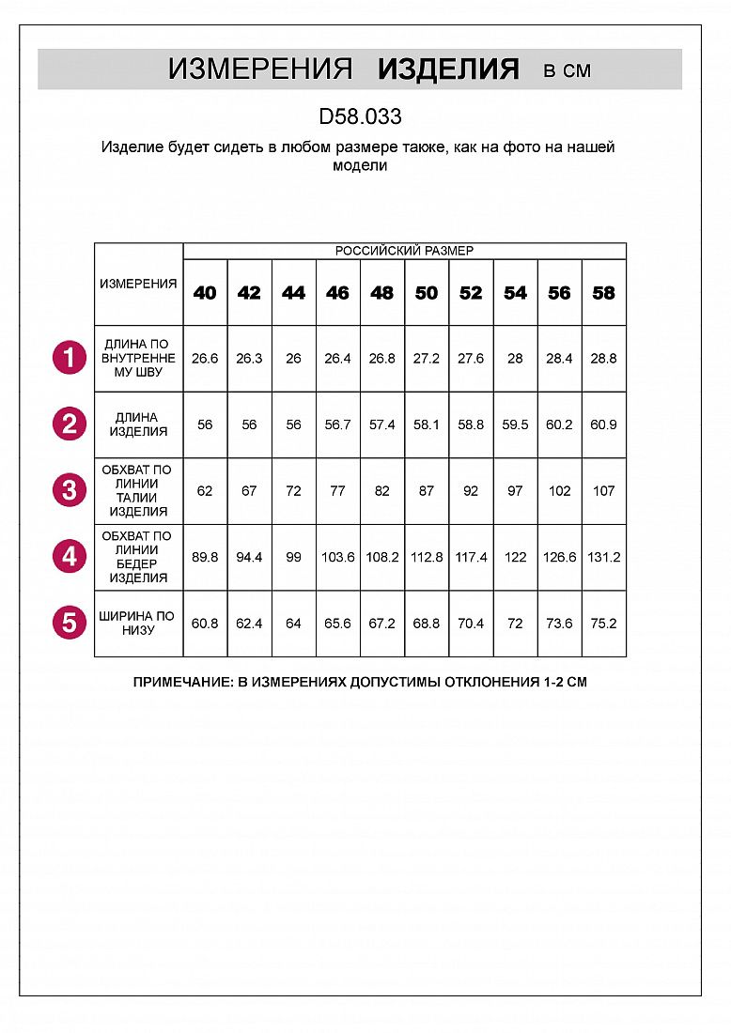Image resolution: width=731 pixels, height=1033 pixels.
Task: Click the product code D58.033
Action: (360, 116)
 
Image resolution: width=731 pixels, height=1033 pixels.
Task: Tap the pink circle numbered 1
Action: (70, 359)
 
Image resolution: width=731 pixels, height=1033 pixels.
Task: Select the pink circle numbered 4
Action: (70, 557)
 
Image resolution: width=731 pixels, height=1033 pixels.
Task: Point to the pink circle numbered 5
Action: (70, 623)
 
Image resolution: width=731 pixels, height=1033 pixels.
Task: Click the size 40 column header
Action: (205, 293)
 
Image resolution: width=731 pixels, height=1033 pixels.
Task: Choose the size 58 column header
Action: (603, 293)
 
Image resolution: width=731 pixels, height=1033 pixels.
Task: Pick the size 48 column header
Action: (381, 293)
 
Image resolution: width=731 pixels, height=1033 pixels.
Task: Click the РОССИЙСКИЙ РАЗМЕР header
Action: (404, 251)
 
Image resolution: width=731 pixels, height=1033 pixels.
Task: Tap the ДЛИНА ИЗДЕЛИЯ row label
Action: (138, 424)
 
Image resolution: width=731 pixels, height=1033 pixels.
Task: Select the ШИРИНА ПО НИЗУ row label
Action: (138, 623)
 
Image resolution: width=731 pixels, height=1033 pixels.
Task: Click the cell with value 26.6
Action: (205, 359)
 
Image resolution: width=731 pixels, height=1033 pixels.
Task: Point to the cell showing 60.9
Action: (603, 424)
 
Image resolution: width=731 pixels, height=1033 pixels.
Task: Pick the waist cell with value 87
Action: (427, 491)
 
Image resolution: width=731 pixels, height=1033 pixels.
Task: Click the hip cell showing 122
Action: (515, 557)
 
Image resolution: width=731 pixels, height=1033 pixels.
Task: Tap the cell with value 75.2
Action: (603, 623)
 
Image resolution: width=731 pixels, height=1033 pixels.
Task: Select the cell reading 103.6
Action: (337, 557)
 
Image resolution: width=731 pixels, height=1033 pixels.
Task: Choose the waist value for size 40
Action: (205, 491)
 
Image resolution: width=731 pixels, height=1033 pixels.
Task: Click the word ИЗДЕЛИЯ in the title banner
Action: (447, 69)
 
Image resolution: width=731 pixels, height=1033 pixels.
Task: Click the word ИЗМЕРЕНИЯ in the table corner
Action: (138, 284)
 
